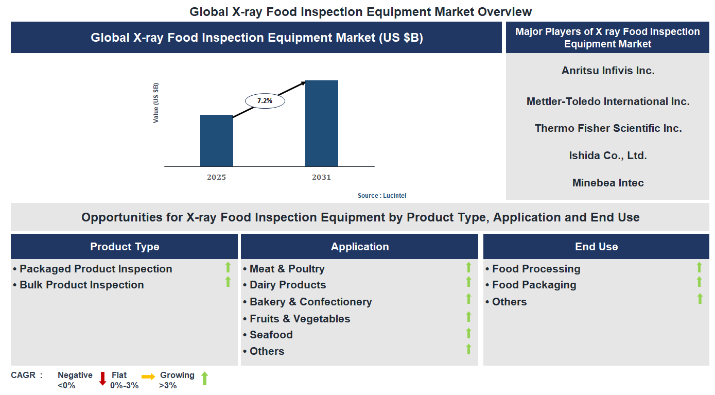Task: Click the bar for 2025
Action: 216,141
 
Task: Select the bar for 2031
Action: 322,124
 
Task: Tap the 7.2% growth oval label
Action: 265,101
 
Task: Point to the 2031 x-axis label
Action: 321,177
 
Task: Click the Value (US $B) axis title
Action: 156,103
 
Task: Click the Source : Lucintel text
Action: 382,196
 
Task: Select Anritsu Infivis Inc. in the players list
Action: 608,71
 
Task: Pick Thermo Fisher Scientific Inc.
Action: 608,128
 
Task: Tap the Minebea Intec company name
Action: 608,183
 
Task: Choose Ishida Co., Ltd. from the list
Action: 608,156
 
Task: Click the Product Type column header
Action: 125,247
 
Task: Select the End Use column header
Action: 596,247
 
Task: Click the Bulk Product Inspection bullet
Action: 81,285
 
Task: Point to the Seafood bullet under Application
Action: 271,335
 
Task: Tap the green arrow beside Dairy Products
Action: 468,282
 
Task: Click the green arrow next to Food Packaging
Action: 699,282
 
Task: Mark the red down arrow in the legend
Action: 102,379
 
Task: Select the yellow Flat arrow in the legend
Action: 148,377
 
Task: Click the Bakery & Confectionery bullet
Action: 310,302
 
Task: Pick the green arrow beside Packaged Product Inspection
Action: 228,267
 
